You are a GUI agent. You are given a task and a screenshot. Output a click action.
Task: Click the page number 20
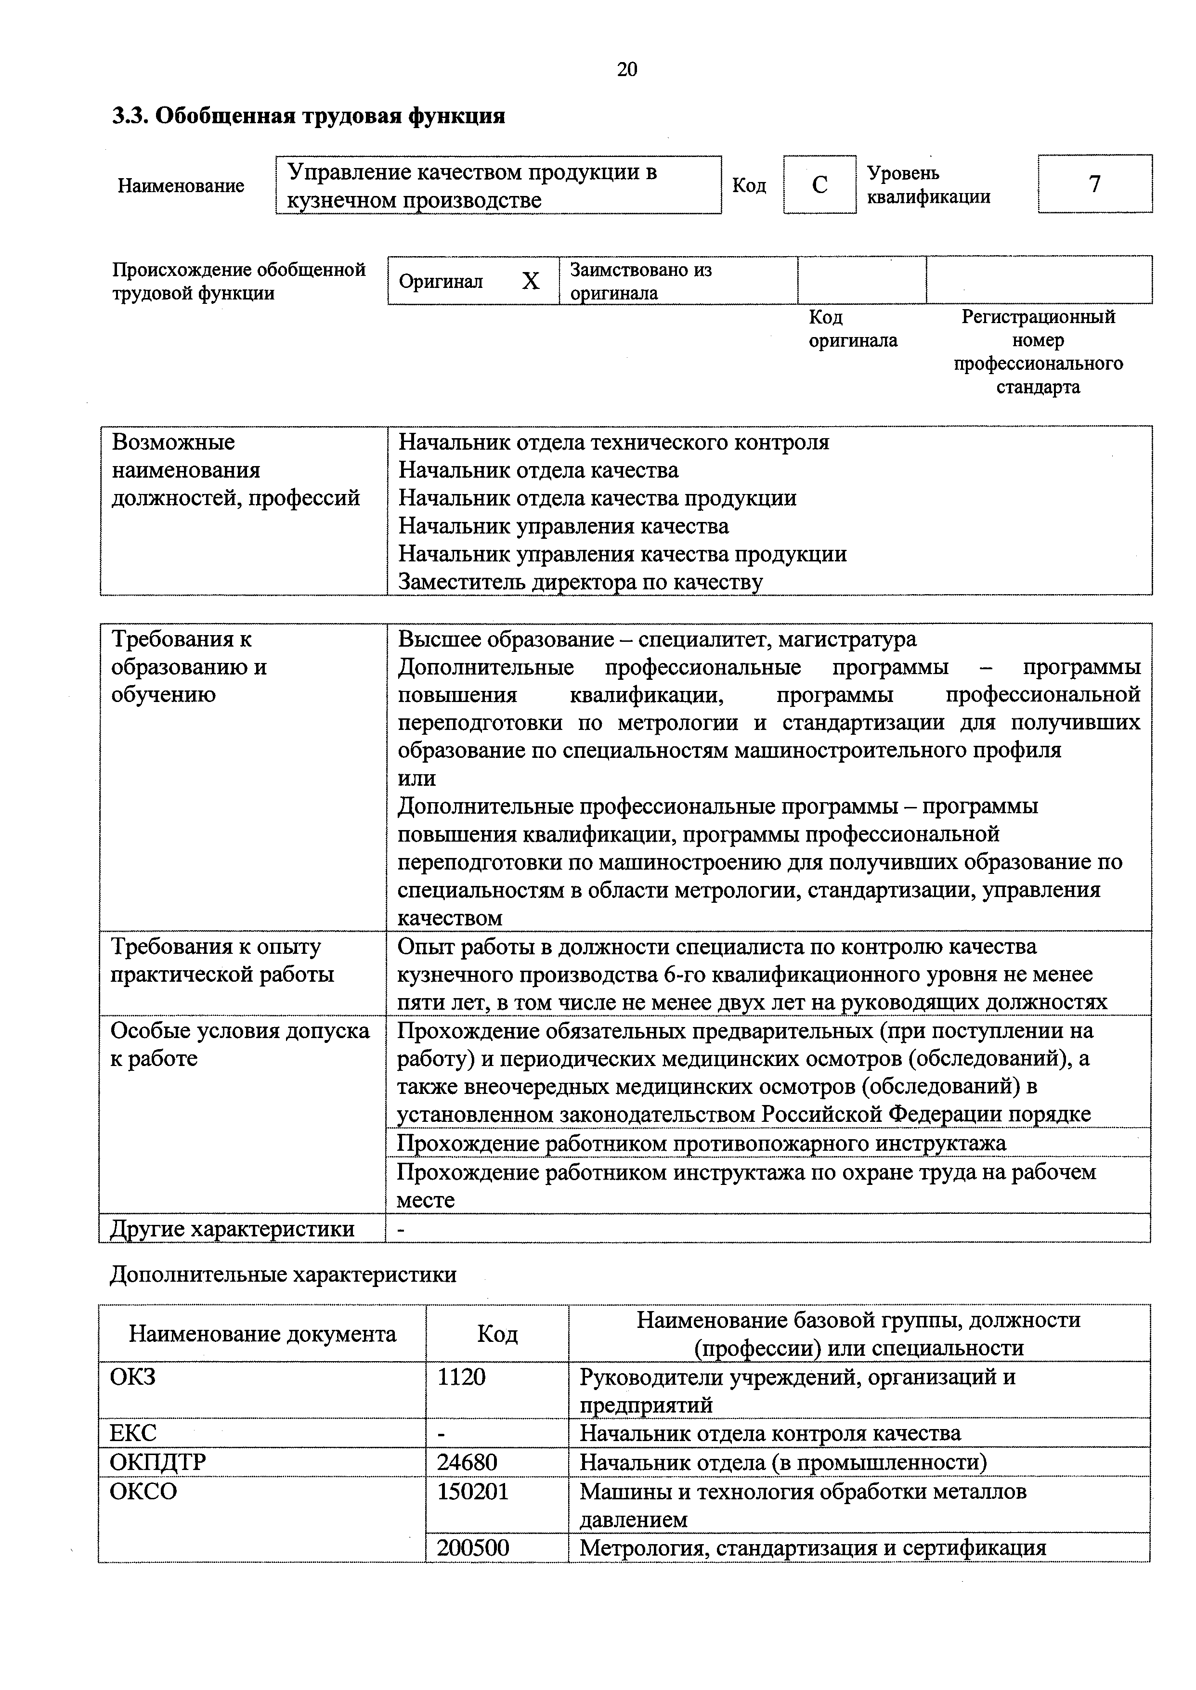pos(627,69)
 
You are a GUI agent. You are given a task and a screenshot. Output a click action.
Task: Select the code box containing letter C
pos(819,185)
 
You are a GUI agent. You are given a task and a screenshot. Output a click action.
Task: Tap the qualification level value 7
pos(1094,184)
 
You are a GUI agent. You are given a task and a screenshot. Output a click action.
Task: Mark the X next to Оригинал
pos(530,281)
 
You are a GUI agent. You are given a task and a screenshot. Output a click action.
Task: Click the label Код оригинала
pos(852,328)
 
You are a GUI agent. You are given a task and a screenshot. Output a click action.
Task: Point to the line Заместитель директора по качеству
pos(580,582)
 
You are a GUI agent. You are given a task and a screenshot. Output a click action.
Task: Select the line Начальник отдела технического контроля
pos(613,442)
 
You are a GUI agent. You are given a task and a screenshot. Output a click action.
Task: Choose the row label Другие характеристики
pos(233,1228)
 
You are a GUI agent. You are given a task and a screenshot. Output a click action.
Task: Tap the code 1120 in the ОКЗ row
pos(462,1376)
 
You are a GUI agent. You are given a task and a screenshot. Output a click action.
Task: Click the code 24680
pos(467,1462)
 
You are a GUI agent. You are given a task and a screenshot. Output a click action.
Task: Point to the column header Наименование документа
pos(262,1334)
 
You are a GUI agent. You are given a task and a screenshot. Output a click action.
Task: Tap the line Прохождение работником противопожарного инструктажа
pos(701,1144)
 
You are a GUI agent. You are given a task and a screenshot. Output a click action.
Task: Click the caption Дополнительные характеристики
pos(283,1274)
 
